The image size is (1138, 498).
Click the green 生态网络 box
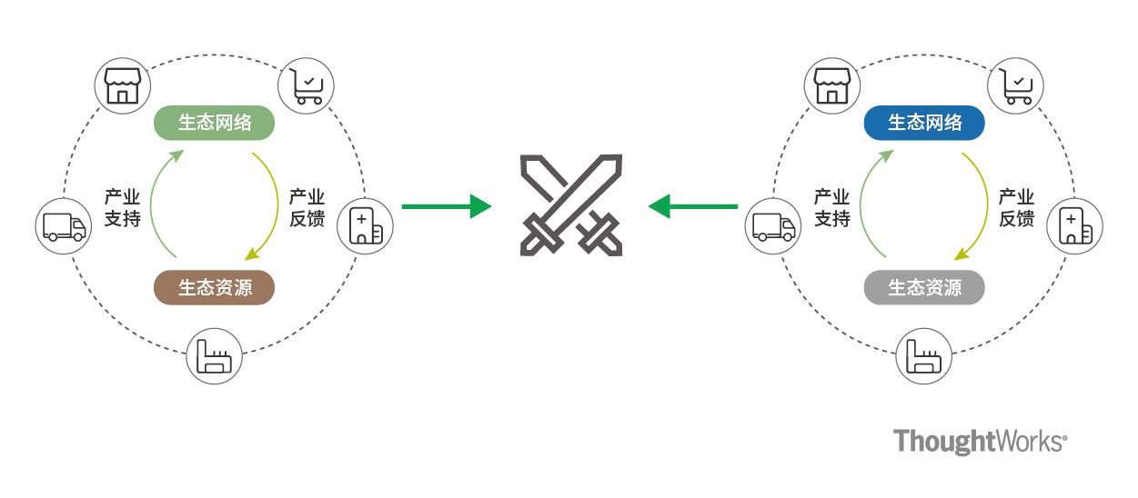(215, 123)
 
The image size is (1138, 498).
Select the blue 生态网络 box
(924, 123)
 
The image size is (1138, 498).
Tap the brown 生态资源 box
(215, 287)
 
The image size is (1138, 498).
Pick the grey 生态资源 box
(924, 287)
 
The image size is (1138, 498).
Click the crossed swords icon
(570, 205)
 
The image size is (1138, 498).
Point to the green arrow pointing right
(446, 206)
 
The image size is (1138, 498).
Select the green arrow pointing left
(693, 206)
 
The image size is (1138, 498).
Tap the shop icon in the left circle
(121, 85)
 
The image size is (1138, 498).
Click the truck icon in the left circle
(65, 226)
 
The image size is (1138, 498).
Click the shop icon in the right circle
(831, 85)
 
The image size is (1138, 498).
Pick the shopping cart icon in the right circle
(1017, 85)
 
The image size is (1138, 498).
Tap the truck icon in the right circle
(774, 226)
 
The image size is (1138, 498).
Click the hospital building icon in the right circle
(1075, 225)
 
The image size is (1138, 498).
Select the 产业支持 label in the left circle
(122, 207)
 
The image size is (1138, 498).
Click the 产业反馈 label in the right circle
(1016, 207)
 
